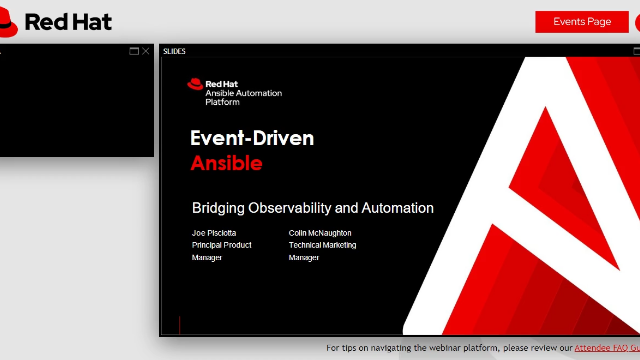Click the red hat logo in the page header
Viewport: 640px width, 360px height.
10,22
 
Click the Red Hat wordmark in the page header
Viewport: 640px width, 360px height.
68,22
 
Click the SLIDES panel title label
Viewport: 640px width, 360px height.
174,51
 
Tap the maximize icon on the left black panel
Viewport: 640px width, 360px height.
134,51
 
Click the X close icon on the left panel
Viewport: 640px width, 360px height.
146,51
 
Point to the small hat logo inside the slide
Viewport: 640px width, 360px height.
195,85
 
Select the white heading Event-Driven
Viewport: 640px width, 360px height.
252,138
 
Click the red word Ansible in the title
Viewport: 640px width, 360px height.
227,163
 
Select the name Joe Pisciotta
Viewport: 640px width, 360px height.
214,233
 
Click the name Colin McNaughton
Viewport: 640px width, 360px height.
320,233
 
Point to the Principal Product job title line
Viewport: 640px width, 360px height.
221,245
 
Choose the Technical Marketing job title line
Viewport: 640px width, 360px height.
322,245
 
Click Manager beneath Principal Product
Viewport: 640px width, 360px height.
207,257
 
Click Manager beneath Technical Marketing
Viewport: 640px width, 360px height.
304,257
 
